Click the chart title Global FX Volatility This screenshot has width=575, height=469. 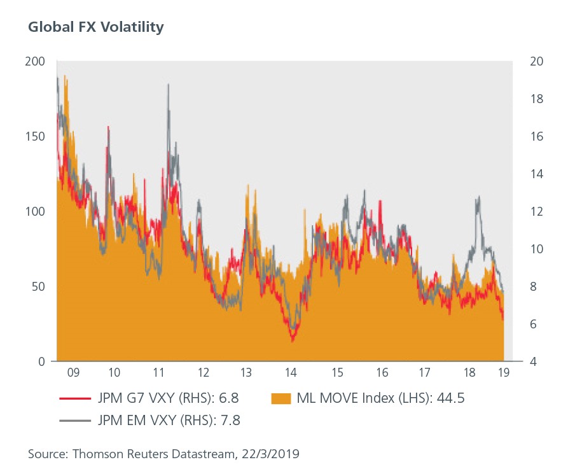click(96, 27)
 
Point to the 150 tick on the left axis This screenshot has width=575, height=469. click(37, 136)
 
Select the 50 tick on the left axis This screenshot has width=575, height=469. click(39, 286)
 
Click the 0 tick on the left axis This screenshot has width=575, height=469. click(42, 361)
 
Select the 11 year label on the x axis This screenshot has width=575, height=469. click(160, 372)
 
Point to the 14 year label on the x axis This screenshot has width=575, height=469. click(291, 372)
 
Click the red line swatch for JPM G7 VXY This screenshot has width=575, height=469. click(71, 399)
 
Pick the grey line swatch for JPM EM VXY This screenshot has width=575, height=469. click(71, 420)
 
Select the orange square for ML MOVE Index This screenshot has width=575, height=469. click(279, 399)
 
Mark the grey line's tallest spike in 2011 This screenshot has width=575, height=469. click(168, 85)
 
